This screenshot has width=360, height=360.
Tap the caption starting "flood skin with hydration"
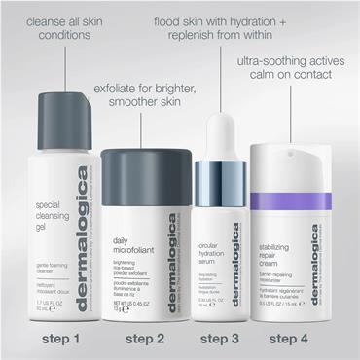tap(234, 28)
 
